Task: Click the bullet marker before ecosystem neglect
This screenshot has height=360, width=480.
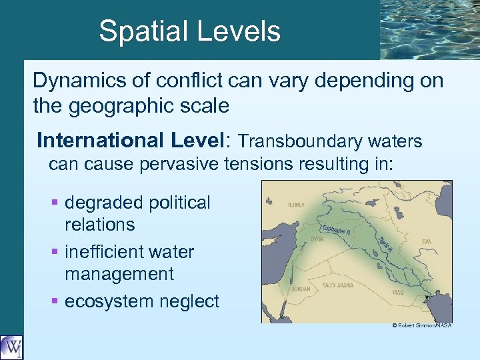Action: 56,301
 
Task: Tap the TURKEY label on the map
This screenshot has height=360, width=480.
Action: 296,207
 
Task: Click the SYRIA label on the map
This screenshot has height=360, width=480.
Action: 317,239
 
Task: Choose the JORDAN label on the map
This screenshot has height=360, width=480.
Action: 301,289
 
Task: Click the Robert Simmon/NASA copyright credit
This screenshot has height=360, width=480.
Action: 421,325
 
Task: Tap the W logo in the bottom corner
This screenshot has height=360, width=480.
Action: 11,347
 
